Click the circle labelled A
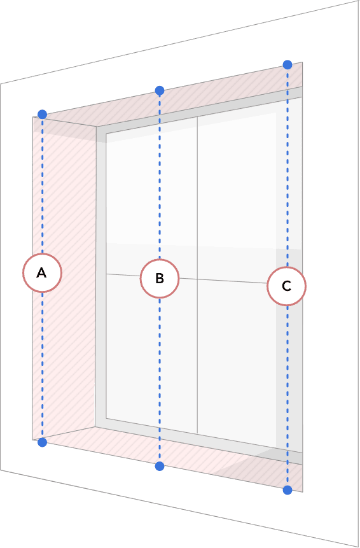pos(42,273)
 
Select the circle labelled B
pos(160,279)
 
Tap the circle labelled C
pos(287,286)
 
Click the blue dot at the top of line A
pos(42,115)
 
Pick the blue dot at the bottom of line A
pos(42,442)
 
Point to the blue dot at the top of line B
pos(160,91)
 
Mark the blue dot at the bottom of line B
pos(160,466)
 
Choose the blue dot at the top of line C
pos(287,65)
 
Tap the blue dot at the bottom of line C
pos(287,490)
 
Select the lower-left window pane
pos(151,353)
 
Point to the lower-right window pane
pos(244,363)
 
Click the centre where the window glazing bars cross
pos(197,279)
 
